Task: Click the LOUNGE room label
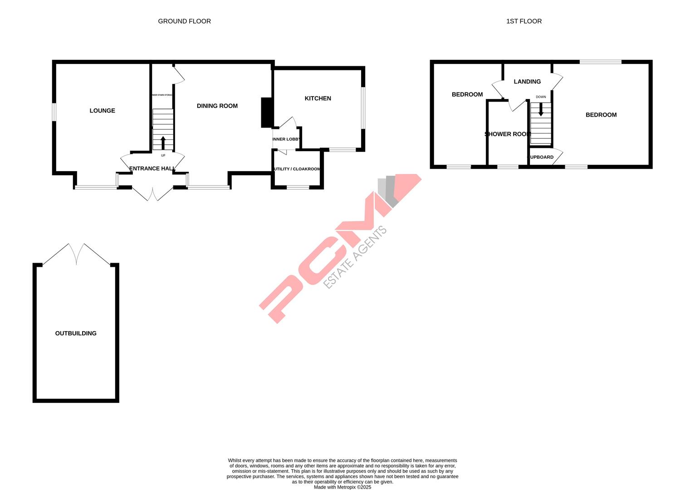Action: tap(102, 111)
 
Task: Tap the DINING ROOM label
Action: tap(217, 106)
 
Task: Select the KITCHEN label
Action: tap(318, 98)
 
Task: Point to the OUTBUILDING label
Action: tap(76, 333)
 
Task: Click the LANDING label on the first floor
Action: tap(527, 82)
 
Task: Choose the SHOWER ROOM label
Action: tap(508, 134)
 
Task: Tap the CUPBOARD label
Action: tap(540, 157)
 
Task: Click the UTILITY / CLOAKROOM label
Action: tap(297, 169)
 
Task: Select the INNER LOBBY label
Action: tap(286, 139)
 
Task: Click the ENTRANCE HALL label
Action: tap(152, 169)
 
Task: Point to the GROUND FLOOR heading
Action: tap(184, 21)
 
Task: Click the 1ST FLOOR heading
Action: tap(524, 21)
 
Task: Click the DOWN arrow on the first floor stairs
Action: tap(540, 110)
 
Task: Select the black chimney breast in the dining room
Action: tap(266, 113)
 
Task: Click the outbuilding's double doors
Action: tap(76, 254)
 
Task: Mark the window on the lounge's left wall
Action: tap(54, 112)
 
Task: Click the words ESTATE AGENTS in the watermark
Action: tap(355, 257)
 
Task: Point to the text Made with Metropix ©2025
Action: tap(342, 487)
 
